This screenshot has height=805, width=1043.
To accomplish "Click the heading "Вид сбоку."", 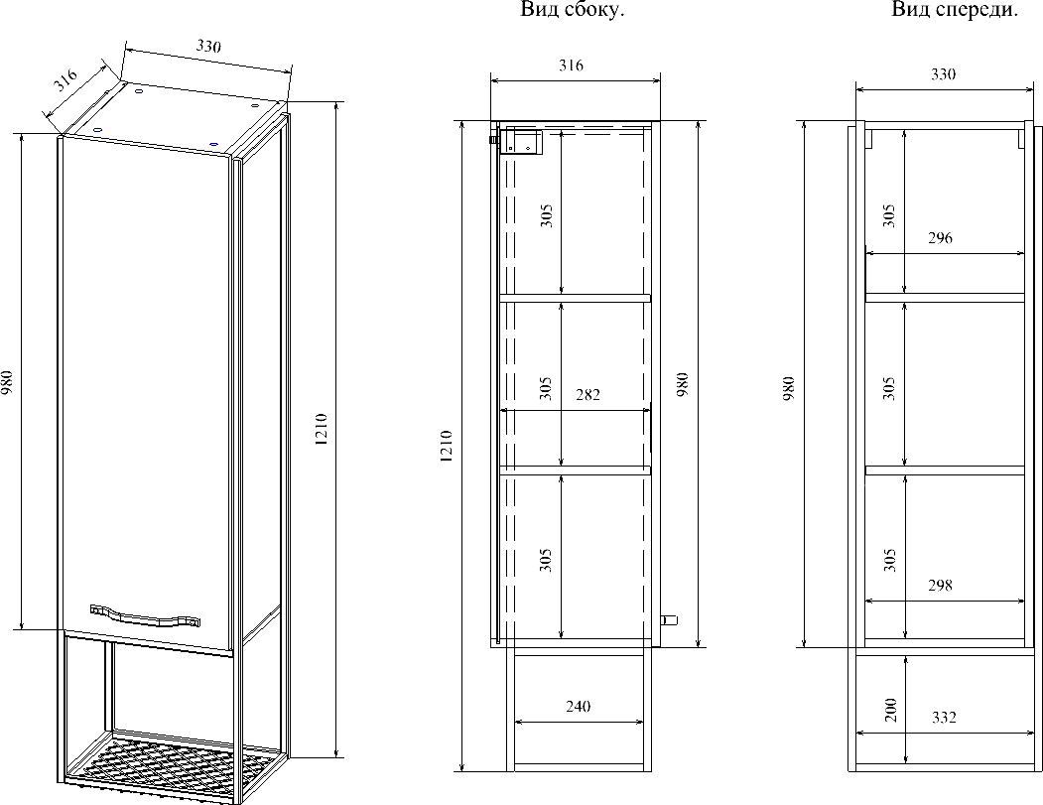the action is [572, 10].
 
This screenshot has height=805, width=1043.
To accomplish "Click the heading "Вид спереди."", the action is [955, 10].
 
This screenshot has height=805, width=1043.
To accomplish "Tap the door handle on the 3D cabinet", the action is [145, 615].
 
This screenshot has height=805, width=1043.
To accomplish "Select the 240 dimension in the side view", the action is [578, 707].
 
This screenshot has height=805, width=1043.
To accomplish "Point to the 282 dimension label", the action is [588, 395].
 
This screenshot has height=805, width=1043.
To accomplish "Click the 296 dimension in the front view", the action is [940, 238].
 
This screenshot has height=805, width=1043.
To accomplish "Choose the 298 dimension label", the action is [940, 586].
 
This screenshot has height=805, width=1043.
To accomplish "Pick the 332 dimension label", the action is [944, 718].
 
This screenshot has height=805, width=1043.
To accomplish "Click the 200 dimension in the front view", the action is [892, 710].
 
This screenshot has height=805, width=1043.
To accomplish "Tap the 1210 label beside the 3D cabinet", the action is [322, 429].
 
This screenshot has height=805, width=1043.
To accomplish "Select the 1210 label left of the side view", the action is [447, 447].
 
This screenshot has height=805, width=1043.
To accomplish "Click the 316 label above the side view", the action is [571, 66].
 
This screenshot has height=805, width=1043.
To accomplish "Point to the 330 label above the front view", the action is [943, 73].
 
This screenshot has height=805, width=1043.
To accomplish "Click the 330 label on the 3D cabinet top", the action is [208, 46].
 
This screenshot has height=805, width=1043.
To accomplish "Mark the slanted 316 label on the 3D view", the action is [65, 80].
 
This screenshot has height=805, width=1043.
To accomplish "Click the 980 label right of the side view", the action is [682, 385].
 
